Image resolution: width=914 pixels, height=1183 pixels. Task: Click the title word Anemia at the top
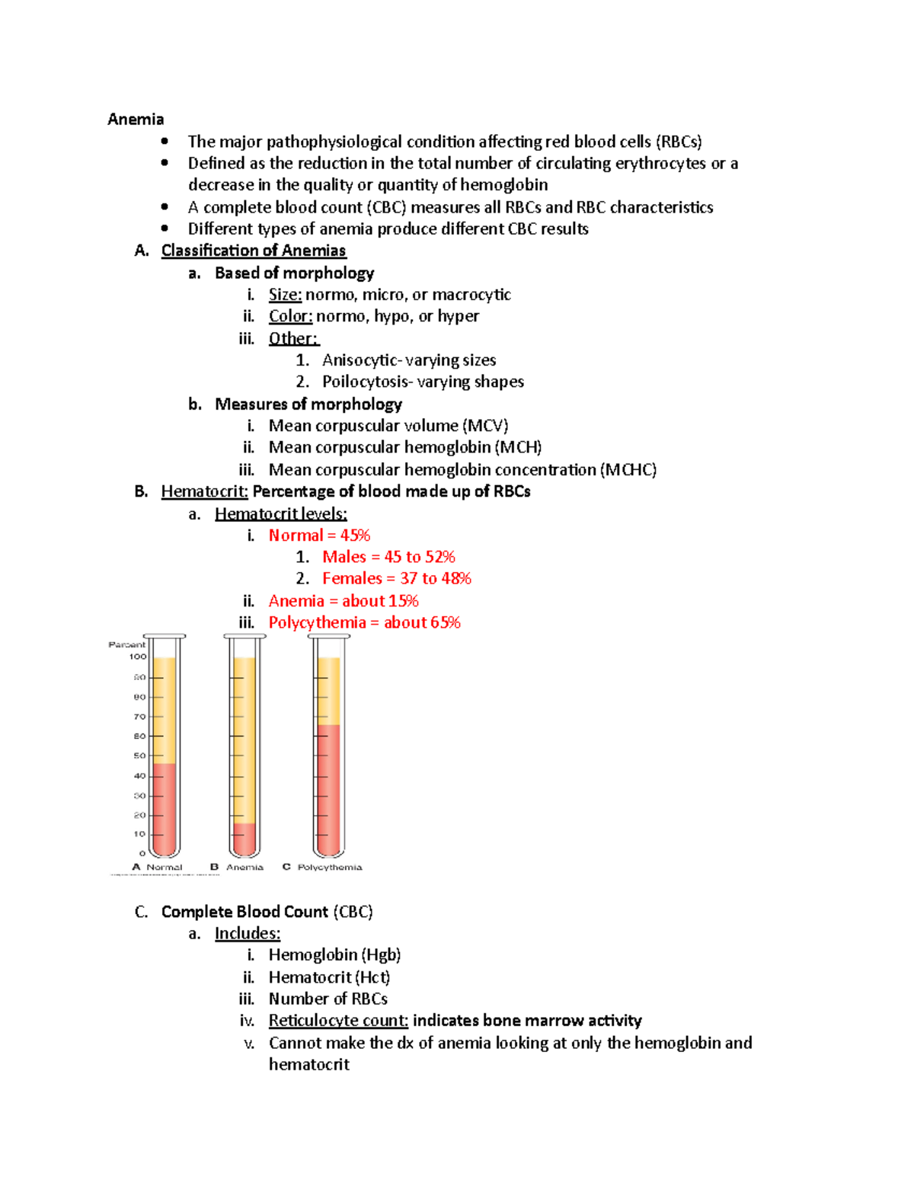tap(136, 119)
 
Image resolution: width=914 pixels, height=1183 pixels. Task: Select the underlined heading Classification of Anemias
tap(254, 251)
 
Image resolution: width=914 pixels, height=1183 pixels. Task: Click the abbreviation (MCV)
tap(485, 426)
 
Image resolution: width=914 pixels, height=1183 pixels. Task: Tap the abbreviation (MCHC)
tap(628, 470)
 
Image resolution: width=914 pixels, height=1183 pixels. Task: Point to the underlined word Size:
tap(285, 295)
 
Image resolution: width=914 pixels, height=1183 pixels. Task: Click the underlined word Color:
tap(290, 316)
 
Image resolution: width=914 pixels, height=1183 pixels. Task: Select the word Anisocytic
tap(360, 360)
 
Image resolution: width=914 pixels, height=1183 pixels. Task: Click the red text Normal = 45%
tap(319, 536)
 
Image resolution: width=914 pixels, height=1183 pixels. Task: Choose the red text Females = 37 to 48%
tap(396, 579)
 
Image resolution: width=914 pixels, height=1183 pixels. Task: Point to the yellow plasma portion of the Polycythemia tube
tap(329, 690)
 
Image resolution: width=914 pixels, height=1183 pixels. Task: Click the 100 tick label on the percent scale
tap(137, 657)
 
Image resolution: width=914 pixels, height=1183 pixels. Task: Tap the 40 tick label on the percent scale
tap(139, 776)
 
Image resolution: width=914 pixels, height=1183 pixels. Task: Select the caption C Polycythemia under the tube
tap(323, 867)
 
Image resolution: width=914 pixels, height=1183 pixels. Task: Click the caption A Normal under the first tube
tap(158, 867)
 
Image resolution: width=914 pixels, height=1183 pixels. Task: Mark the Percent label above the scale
tap(126, 644)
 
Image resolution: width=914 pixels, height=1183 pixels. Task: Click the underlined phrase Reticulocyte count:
tap(338, 1021)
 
